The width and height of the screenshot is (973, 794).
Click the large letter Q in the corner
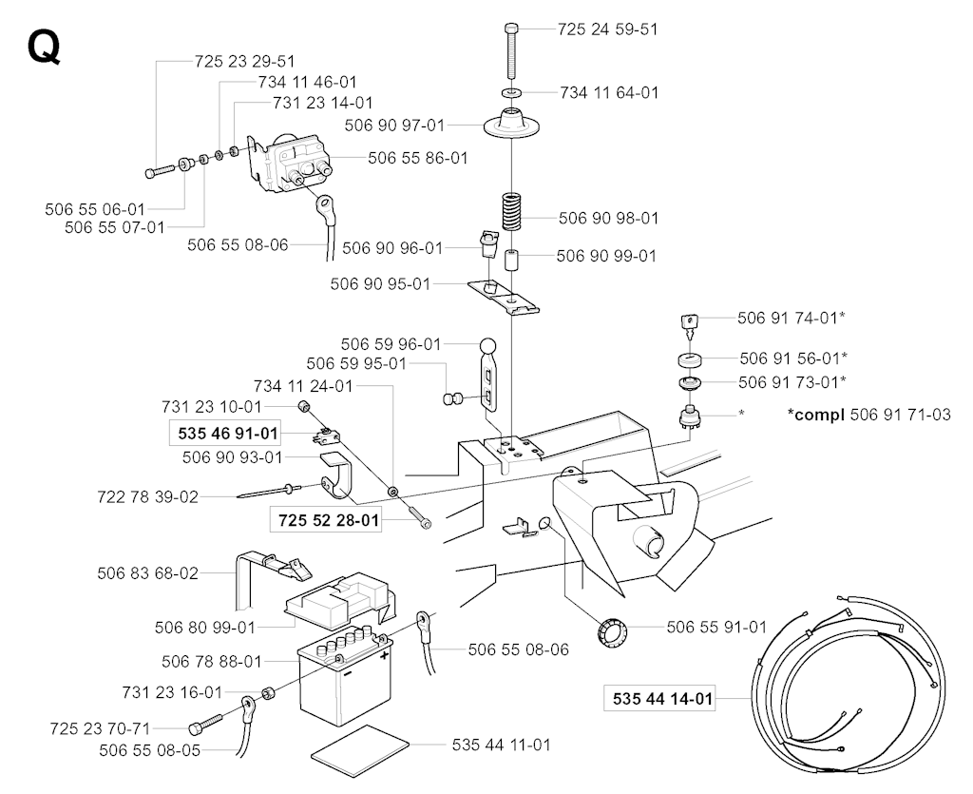tap(44, 47)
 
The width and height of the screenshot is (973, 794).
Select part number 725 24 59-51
tap(608, 29)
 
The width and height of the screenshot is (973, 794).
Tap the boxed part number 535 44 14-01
tap(658, 700)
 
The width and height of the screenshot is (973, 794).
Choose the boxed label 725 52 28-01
tap(327, 520)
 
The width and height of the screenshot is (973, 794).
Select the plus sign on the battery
tap(385, 655)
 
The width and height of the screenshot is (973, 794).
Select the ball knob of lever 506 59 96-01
tap(486, 346)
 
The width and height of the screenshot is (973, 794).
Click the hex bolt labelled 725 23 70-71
tap(200, 727)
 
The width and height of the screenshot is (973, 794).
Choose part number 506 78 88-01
tap(212, 662)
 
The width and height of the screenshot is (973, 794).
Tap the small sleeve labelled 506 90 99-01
tap(511, 259)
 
